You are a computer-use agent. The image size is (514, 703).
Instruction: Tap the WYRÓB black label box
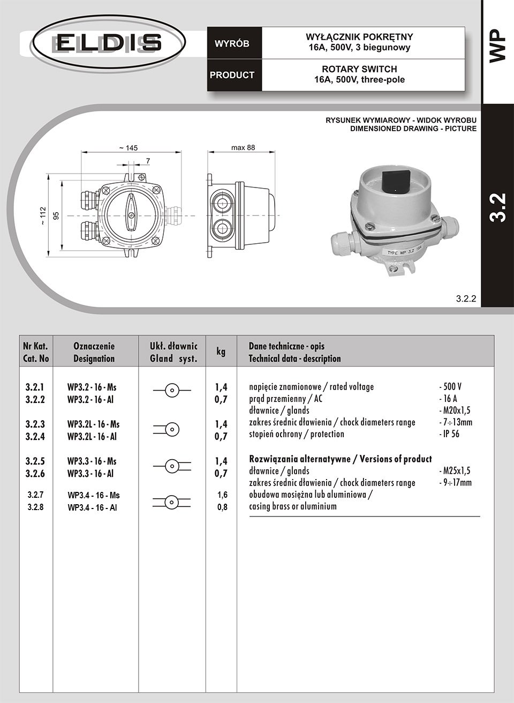pyautogui.click(x=232, y=43)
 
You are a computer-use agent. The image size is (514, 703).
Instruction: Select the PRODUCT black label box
pyautogui.click(x=232, y=75)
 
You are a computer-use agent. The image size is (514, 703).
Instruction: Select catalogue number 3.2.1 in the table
pyautogui.click(x=35, y=387)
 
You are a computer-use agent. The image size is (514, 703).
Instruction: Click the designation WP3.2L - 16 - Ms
pyautogui.click(x=93, y=424)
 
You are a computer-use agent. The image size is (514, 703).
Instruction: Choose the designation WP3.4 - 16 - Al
pyautogui.click(x=92, y=507)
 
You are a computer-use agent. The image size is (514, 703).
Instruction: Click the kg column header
pyautogui.click(x=221, y=351)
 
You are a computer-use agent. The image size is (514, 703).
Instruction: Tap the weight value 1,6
pyautogui.click(x=222, y=495)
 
